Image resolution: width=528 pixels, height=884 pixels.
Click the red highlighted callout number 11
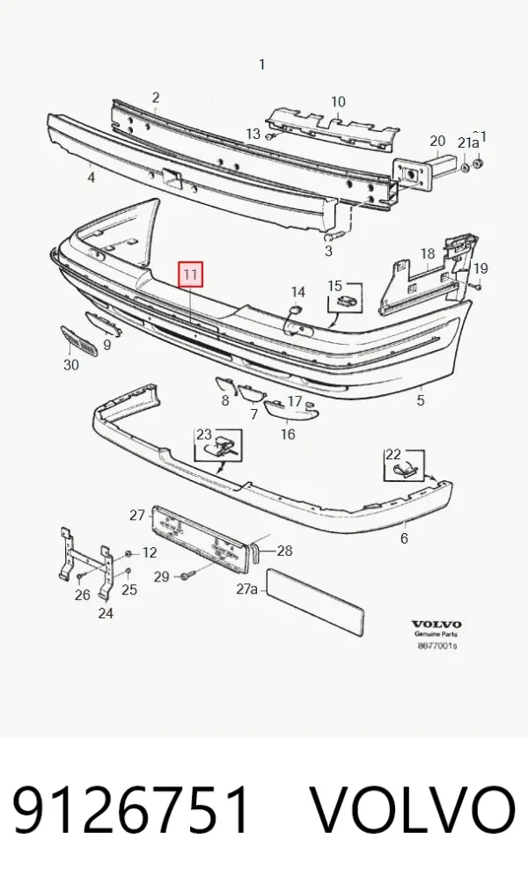click(190, 274)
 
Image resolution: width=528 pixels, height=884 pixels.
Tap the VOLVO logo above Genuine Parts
click(436, 625)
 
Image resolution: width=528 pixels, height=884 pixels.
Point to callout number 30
click(71, 365)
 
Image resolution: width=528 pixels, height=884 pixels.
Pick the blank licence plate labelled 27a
click(314, 601)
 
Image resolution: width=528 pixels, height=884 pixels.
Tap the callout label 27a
click(247, 589)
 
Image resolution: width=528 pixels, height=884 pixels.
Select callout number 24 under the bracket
click(106, 613)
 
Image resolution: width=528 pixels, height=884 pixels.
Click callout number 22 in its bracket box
click(393, 455)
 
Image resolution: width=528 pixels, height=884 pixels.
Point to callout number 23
click(203, 435)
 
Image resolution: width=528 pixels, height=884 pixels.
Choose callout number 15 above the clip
click(335, 285)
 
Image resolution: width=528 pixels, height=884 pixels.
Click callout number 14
click(297, 291)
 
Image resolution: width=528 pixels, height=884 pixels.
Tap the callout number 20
click(437, 141)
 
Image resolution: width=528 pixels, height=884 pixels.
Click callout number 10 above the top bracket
click(338, 102)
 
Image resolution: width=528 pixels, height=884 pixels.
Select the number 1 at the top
click(261, 65)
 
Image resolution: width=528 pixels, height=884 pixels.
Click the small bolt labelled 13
click(269, 136)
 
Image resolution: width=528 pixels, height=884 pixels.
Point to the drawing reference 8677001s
click(437, 646)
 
